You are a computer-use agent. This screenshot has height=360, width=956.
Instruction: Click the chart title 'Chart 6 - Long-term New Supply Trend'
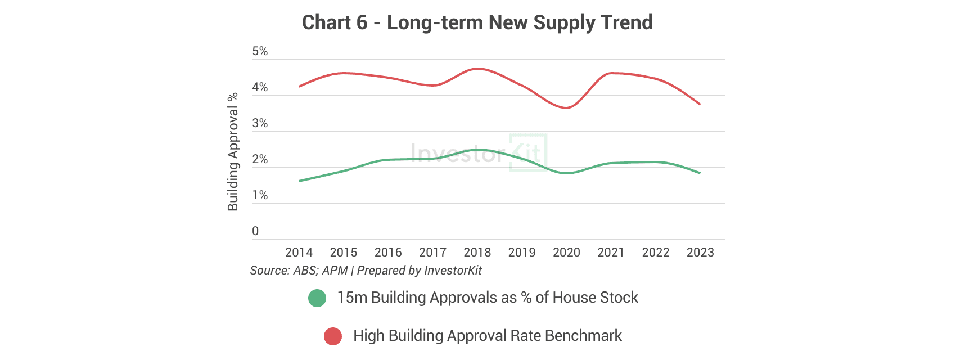(x=477, y=22)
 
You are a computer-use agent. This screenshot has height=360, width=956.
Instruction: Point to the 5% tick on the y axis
(x=260, y=51)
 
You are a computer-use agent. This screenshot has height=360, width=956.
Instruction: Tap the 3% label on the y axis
(x=260, y=123)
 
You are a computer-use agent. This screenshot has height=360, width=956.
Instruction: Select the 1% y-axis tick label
(x=260, y=195)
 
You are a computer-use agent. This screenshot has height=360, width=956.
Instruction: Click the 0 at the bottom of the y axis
(x=255, y=231)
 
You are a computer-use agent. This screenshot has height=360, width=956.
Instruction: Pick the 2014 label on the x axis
(x=299, y=253)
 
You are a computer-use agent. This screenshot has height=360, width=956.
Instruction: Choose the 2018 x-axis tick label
(x=477, y=253)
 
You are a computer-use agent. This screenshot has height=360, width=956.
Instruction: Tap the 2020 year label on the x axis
(x=566, y=253)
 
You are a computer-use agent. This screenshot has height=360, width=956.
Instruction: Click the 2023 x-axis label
(x=700, y=253)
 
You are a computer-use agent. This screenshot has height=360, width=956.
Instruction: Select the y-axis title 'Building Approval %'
(x=233, y=152)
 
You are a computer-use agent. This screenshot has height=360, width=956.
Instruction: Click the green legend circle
(x=317, y=298)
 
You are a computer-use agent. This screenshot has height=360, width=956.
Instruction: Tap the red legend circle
(x=333, y=336)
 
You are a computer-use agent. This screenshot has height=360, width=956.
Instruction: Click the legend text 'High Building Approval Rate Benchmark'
(x=488, y=336)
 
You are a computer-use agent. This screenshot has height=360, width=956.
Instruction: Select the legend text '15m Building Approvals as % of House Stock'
(x=488, y=298)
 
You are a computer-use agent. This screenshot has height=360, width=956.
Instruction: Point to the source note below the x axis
(x=366, y=271)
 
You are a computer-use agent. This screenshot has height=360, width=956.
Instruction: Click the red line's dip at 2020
(x=566, y=108)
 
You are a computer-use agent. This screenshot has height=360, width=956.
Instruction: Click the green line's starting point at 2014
(x=300, y=181)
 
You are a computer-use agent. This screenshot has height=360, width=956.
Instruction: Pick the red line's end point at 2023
(x=700, y=104)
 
